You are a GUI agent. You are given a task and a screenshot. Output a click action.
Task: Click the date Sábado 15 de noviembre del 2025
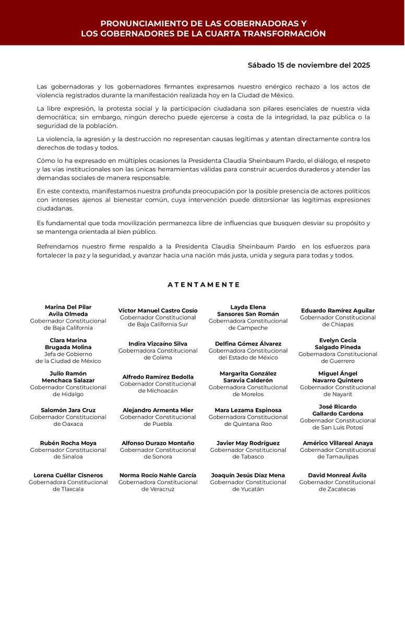(x=308, y=65)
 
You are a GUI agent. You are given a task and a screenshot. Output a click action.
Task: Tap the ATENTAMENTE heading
(x=204, y=285)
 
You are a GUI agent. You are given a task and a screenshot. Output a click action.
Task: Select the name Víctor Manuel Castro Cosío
(x=158, y=310)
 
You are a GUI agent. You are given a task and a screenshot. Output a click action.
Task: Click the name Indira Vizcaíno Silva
(x=158, y=344)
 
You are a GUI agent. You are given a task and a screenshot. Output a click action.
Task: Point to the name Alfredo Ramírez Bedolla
(x=158, y=377)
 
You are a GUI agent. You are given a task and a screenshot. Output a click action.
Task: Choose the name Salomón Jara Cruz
(x=68, y=410)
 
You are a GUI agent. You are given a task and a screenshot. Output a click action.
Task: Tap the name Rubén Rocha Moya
(x=68, y=443)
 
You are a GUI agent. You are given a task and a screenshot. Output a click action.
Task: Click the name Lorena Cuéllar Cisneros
(x=68, y=475)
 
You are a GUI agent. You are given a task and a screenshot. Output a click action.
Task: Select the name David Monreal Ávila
(x=338, y=475)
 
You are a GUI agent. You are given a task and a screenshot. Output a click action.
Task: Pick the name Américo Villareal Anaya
(x=338, y=443)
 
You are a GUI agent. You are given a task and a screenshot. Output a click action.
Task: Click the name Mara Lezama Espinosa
(x=248, y=410)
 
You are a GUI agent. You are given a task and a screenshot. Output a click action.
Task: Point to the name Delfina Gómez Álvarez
(x=248, y=344)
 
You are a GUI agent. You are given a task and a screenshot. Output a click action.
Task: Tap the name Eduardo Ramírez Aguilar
(x=338, y=310)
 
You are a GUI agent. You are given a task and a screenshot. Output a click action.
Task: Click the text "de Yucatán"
(x=248, y=489)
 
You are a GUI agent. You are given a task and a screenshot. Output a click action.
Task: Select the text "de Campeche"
(x=248, y=328)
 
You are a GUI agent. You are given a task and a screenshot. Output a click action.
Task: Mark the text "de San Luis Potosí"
(x=338, y=427)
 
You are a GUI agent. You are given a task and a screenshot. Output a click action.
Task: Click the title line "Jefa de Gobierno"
(x=68, y=354)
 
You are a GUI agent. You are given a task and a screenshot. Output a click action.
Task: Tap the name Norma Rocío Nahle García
(x=158, y=475)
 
